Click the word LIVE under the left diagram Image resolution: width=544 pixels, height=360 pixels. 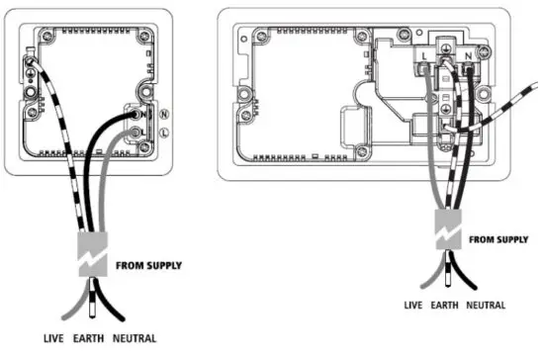coord(54,338)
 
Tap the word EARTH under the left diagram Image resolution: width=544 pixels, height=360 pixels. coord(90,338)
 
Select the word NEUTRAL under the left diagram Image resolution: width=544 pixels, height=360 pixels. coord(135,338)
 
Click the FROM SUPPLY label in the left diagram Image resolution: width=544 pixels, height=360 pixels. coord(148,265)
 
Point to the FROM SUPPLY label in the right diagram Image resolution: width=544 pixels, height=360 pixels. coord(498,239)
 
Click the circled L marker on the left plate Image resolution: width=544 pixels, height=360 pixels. coord(164,132)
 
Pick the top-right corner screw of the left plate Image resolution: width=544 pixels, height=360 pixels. coord(150,37)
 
